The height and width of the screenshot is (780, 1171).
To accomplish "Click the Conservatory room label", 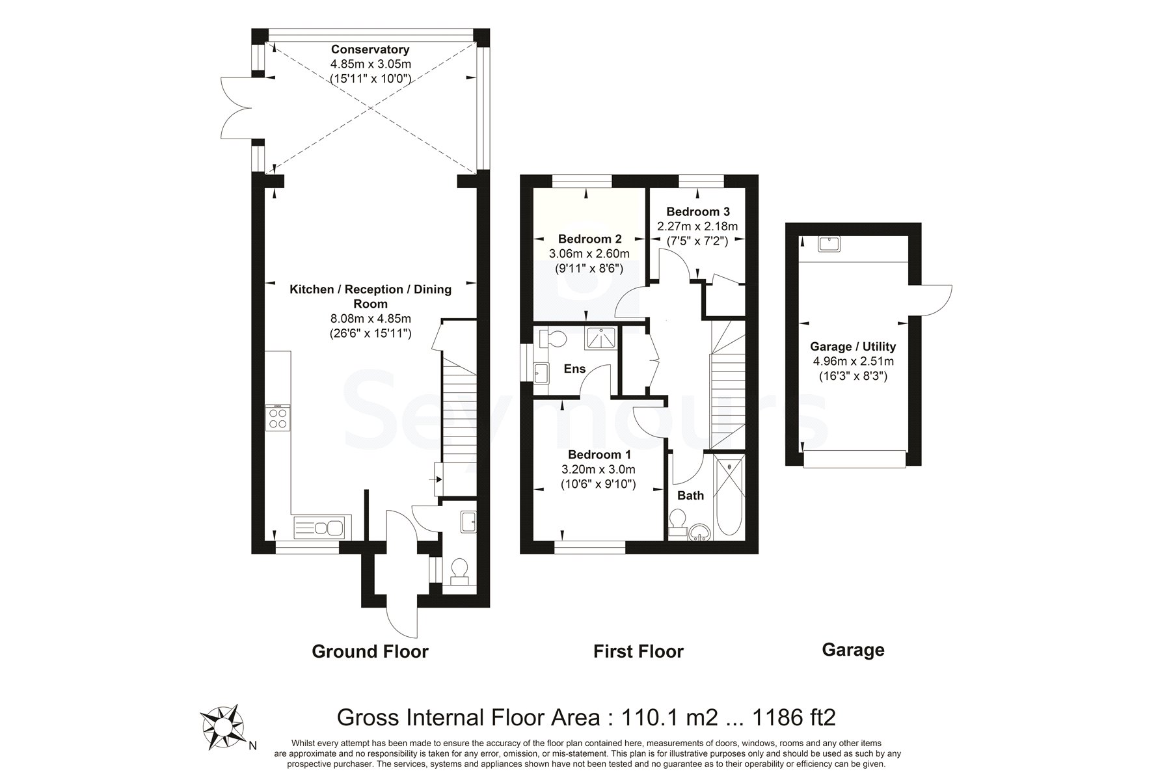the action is coord(370,49).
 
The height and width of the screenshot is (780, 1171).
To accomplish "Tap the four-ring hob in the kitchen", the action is coord(278,417).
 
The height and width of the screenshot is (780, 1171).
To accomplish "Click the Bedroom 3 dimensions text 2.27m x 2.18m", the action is coord(697,226).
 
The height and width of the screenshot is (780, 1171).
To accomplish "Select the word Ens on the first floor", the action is coord(574,369).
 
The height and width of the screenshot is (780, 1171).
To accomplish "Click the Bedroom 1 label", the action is coord(599,454).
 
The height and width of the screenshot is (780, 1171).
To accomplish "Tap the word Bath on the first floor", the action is coord(691,495).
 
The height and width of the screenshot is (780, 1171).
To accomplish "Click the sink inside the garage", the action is coord(829,244).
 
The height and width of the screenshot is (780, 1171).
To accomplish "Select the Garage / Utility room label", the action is coord(853,347).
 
